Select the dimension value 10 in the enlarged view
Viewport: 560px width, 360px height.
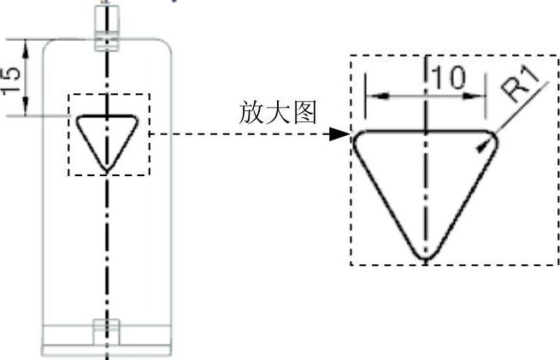(x=448, y=78)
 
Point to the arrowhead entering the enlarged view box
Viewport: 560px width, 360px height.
(x=341, y=134)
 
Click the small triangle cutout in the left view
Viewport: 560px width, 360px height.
(x=105, y=137)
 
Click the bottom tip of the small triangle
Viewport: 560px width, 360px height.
(x=105, y=166)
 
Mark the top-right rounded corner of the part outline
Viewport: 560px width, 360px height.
(x=168, y=44)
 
